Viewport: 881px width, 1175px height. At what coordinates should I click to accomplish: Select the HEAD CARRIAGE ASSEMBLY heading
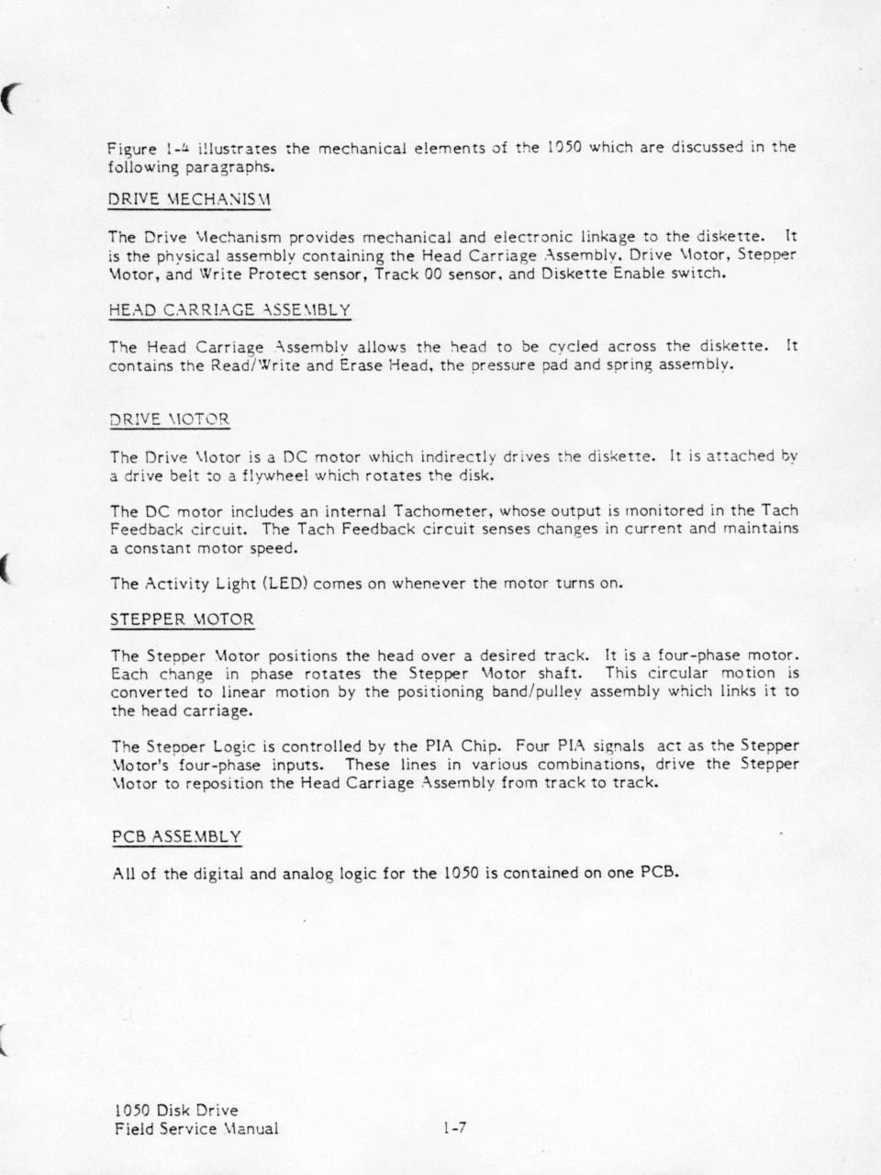[x=229, y=310]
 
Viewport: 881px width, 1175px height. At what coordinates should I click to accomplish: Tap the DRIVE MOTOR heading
[x=169, y=420]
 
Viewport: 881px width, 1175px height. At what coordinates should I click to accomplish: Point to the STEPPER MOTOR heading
[x=182, y=620]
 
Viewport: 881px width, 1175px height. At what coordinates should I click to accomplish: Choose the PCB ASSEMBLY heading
[x=177, y=836]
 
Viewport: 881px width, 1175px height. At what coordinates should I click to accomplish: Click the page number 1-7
[x=454, y=1128]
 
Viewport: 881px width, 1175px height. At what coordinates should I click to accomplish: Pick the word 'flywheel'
[x=273, y=476]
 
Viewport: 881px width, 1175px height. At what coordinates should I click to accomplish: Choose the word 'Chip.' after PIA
[x=480, y=746]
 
